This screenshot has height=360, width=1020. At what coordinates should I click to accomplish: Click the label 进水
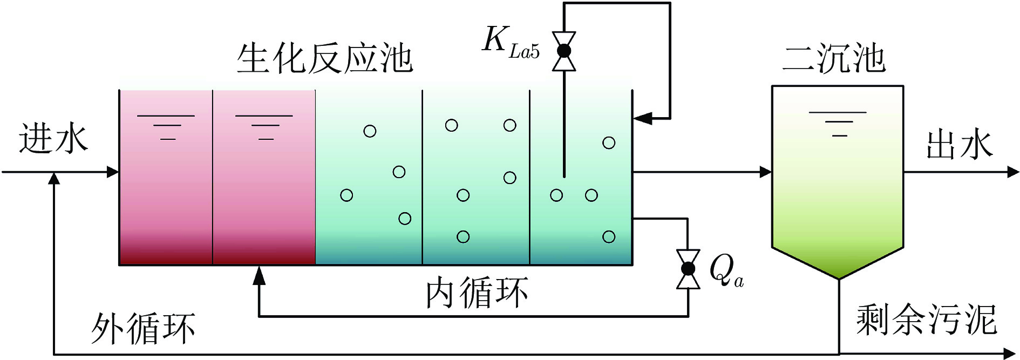(x=53, y=139)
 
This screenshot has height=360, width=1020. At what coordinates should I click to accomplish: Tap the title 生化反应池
(x=324, y=58)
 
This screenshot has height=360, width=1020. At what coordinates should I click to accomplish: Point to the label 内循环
(x=477, y=293)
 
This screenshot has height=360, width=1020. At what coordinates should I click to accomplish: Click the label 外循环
(x=142, y=328)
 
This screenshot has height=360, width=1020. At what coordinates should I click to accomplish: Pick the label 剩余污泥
(x=926, y=320)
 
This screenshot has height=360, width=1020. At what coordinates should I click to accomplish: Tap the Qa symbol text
(x=726, y=270)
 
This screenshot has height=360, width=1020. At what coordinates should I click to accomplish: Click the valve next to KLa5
(x=564, y=51)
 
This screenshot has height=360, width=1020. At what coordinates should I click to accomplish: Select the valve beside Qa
(x=688, y=269)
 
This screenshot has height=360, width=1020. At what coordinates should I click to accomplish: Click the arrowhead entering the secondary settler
(x=766, y=172)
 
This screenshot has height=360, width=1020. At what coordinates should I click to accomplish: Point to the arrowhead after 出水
(x=1013, y=172)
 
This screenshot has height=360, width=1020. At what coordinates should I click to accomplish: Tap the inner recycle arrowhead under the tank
(x=260, y=275)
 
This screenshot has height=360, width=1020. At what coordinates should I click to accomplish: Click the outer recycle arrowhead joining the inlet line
(x=54, y=179)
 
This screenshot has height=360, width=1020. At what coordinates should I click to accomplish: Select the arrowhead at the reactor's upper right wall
(x=642, y=118)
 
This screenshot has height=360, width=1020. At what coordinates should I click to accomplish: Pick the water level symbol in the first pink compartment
(x=166, y=127)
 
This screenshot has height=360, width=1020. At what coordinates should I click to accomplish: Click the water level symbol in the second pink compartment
(x=264, y=127)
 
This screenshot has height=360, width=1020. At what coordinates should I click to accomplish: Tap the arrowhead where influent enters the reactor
(x=113, y=172)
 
